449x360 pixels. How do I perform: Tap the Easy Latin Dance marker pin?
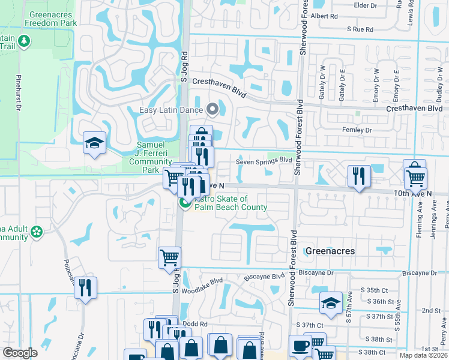(x=211, y=109)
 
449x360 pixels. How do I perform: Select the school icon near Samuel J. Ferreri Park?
(x=95, y=143)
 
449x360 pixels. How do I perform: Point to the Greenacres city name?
(x=330, y=251)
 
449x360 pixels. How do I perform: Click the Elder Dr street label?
(x=364, y=5)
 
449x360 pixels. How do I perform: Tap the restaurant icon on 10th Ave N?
(x=358, y=176)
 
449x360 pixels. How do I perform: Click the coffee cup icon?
(x=300, y=346)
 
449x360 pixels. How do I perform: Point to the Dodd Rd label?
(x=194, y=323)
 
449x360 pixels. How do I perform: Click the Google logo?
(x=20, y=353)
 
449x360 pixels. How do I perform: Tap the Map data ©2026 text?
(x=423, y=355)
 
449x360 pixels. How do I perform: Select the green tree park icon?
(x=24, y=41)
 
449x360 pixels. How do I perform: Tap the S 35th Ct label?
(x=372, y=290)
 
